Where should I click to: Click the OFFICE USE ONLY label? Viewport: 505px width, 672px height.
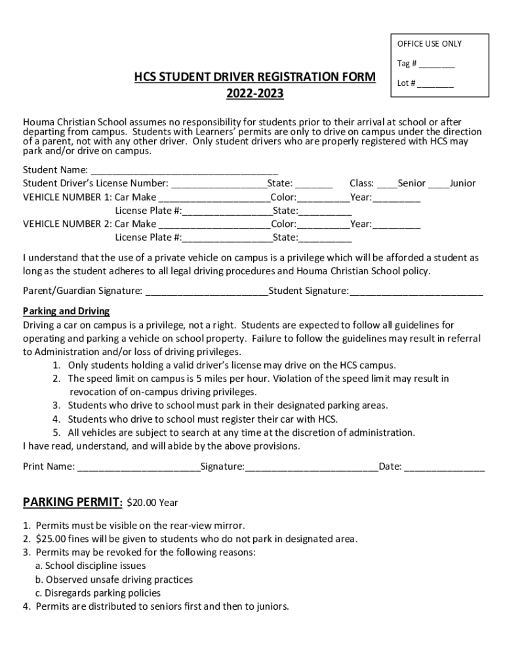pyautogui.click(x=429, y=44)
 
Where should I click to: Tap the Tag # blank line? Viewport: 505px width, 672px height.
pyautogui.click(x=437, y=65)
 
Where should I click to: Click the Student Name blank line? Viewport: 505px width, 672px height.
pyautogui.click(x=184, y=171)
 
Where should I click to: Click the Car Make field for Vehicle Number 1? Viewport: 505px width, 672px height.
pyautogui.click(x=214, y=198)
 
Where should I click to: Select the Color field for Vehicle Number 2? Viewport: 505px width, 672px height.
pyautogui.click(x=323, y=224)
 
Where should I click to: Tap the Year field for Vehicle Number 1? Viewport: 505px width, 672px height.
pyautogui.click(x=396, y=198)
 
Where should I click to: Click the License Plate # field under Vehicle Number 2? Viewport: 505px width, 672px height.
pyautogui.click(x=228, y=238)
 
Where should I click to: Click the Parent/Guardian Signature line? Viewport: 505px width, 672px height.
pyautogui.click(x=206, y=291)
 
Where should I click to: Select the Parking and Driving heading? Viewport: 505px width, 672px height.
pyautogui.click(x=66, y=311)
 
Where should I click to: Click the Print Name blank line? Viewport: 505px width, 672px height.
pyautogui.click(x=138, y=467)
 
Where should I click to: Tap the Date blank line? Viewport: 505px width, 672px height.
pyautogui.click(x=445, y=467)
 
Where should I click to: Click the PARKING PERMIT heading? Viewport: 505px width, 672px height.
pyautogui.click(x=72, y=503)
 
